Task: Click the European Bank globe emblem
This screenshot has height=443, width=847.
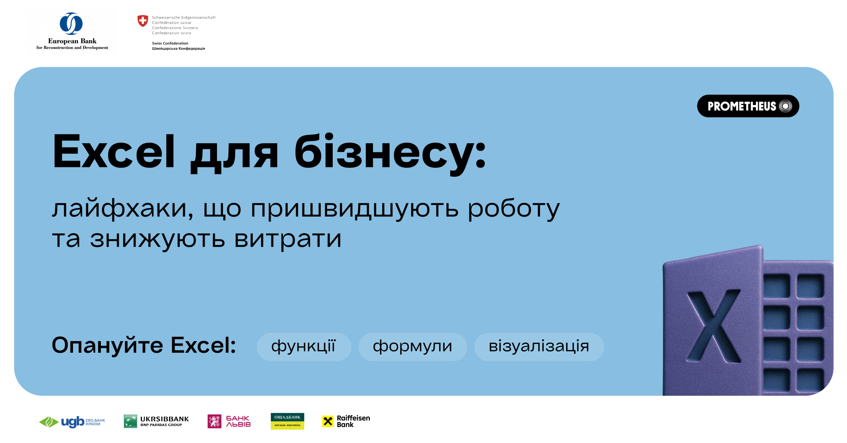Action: pos(71,24)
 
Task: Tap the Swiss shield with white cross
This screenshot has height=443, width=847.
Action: pos(143,21)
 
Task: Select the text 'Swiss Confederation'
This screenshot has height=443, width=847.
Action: pos(170,43)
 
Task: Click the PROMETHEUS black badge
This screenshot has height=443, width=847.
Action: pos(748,106)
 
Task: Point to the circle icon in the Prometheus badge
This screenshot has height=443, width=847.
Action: pos(786,106)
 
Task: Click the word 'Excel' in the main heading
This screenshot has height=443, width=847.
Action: pos(114,152)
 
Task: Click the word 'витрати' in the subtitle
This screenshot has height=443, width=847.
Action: pos(288,239)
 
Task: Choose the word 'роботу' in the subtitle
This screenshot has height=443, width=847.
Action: pos(513,209)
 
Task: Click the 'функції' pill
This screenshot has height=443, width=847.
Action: pos(304,347)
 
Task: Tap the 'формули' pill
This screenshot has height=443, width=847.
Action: pos(413,347)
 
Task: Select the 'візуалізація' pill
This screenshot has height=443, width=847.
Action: pos(539,347)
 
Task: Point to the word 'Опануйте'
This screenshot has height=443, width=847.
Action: pos(107,345)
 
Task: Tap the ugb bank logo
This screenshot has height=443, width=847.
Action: pos(72,421)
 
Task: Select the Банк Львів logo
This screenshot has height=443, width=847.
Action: pos(229,421)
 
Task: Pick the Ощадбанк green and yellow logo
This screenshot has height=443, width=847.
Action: pos(287,421)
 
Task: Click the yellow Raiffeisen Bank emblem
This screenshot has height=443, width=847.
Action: pos(328,421)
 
